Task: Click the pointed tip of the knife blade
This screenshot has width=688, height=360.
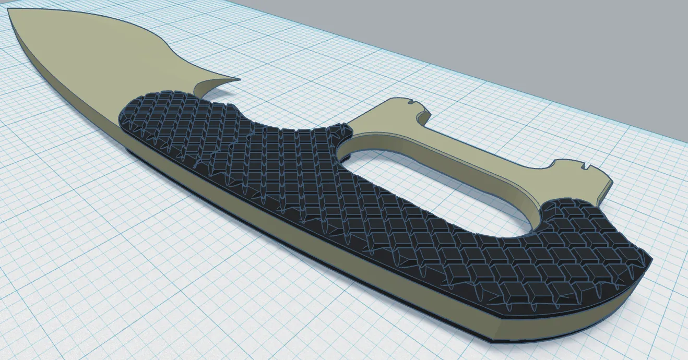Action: pos(10,10)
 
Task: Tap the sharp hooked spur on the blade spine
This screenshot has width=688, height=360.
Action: pos(236,80)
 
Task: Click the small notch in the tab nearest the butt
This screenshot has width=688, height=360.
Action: pos(587,168)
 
